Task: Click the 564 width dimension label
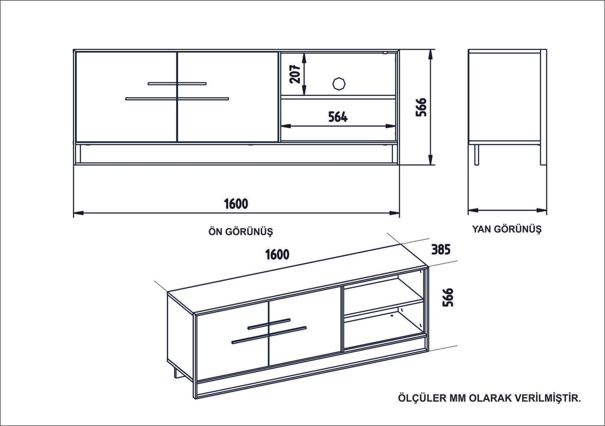[338, 117]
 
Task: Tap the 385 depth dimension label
[441, 249]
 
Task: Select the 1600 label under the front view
[236, 204]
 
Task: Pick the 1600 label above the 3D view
[277, 254]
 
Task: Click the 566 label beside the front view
[421, 107]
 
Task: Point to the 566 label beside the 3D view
[448, 297]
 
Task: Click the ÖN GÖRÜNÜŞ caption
[241, 231]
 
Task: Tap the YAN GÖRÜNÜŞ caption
[507, 229]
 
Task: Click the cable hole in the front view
[339, 84]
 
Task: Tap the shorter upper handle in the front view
[177, 83]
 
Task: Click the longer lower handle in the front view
[177, 99]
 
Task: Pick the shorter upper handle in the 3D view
[269, 324]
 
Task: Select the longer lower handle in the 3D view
[269, 336]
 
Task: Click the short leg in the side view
[476, 154]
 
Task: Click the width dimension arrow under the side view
[507, 210]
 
